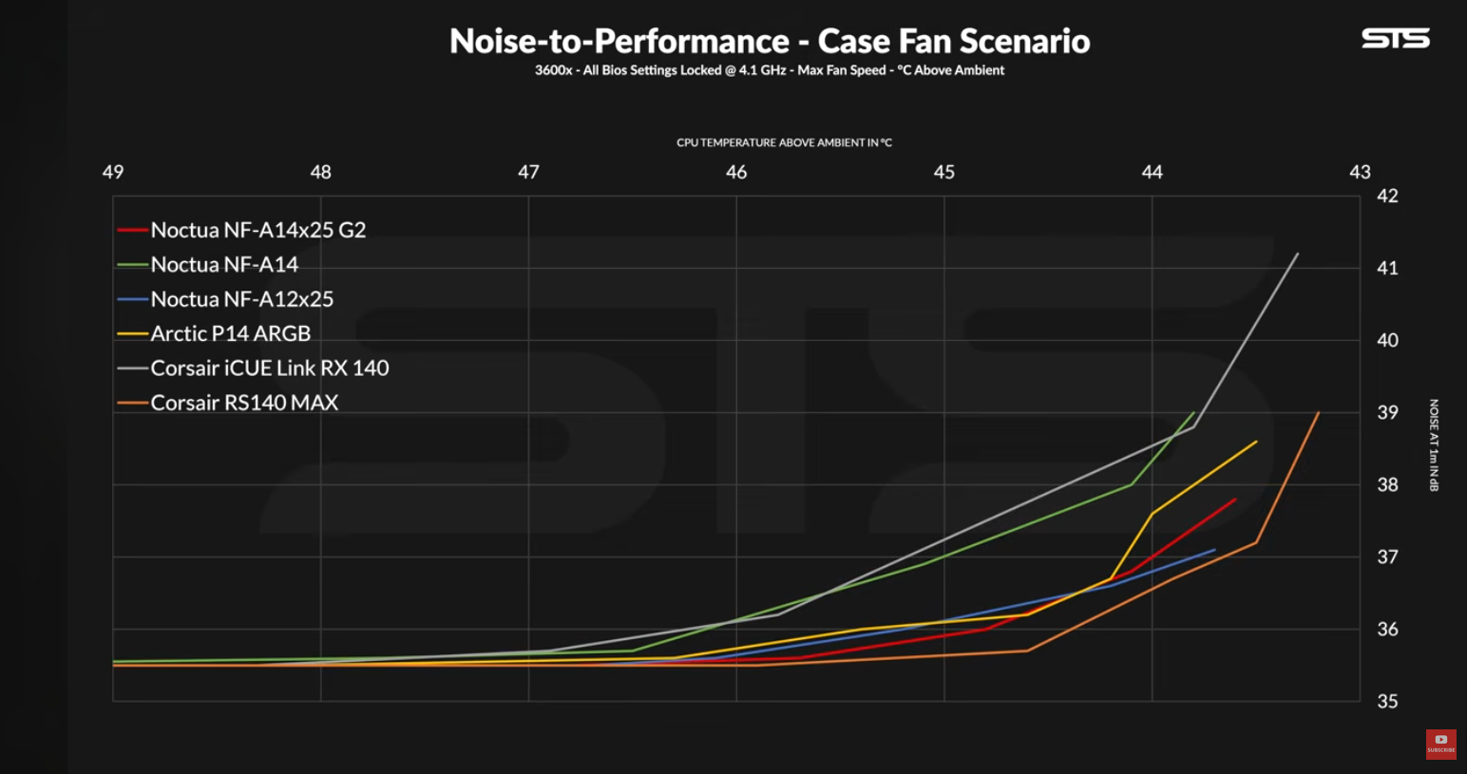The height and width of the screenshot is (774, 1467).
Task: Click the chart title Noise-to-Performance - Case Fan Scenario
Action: (770, 41)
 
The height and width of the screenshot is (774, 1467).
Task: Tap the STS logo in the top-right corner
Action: (1395, 38)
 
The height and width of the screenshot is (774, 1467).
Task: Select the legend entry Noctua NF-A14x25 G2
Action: (257, 230)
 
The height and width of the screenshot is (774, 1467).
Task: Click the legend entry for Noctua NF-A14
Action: (224, 265)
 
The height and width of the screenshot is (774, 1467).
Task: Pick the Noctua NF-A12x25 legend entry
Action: (241, 299)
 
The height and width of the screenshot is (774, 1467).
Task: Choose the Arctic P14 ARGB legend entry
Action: (230, 333)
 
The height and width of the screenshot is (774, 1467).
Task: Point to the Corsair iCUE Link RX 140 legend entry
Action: (269, 368)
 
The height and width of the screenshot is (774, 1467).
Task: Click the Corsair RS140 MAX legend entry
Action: (244, 403)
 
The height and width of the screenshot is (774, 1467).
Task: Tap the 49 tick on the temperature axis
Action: (113, 172)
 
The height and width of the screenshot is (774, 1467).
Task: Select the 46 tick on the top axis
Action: (736, 172)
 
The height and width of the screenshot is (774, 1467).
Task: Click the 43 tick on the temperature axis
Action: (1360, 172)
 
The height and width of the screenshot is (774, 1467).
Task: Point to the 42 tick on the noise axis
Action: (1387, 197)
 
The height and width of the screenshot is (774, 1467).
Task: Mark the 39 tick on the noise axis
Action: (1387, 412)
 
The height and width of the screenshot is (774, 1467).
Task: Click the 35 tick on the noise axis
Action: (1387, 701)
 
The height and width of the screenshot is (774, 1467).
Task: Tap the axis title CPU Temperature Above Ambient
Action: (784, 142)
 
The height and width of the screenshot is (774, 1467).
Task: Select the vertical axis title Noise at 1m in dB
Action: (1434, 444)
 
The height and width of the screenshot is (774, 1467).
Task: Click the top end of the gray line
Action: (1298, 254)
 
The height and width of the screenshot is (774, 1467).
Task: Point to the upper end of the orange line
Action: (1319, 412)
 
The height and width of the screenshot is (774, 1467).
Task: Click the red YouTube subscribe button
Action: (1440, 744)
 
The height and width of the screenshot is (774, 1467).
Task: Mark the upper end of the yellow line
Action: (1256, 442)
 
